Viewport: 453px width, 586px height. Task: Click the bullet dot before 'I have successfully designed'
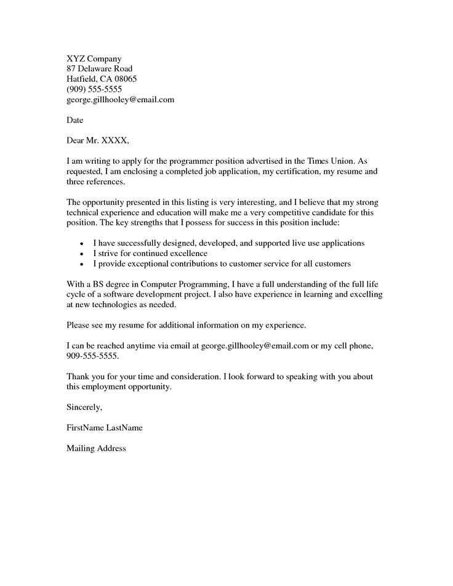tap(82, 244)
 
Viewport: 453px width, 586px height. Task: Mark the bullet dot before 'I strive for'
tap(82, 254)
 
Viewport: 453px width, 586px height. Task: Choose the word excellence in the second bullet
tap(185, 253)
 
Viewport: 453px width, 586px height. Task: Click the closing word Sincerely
tap(84, 407)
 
